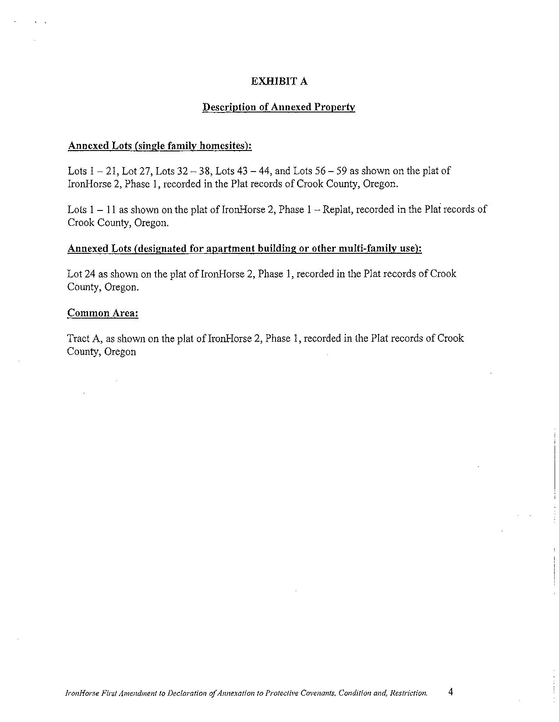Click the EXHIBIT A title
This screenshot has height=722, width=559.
pos(279,81)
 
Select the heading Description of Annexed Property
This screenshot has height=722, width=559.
pos(279,107)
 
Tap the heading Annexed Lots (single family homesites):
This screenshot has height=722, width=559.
pos(159,146)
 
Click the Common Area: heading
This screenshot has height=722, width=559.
pos(103,313)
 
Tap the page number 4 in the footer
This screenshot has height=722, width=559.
pos(451,692)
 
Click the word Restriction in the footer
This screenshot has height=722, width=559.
pos(408,693)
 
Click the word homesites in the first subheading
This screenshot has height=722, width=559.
pos(225,146)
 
